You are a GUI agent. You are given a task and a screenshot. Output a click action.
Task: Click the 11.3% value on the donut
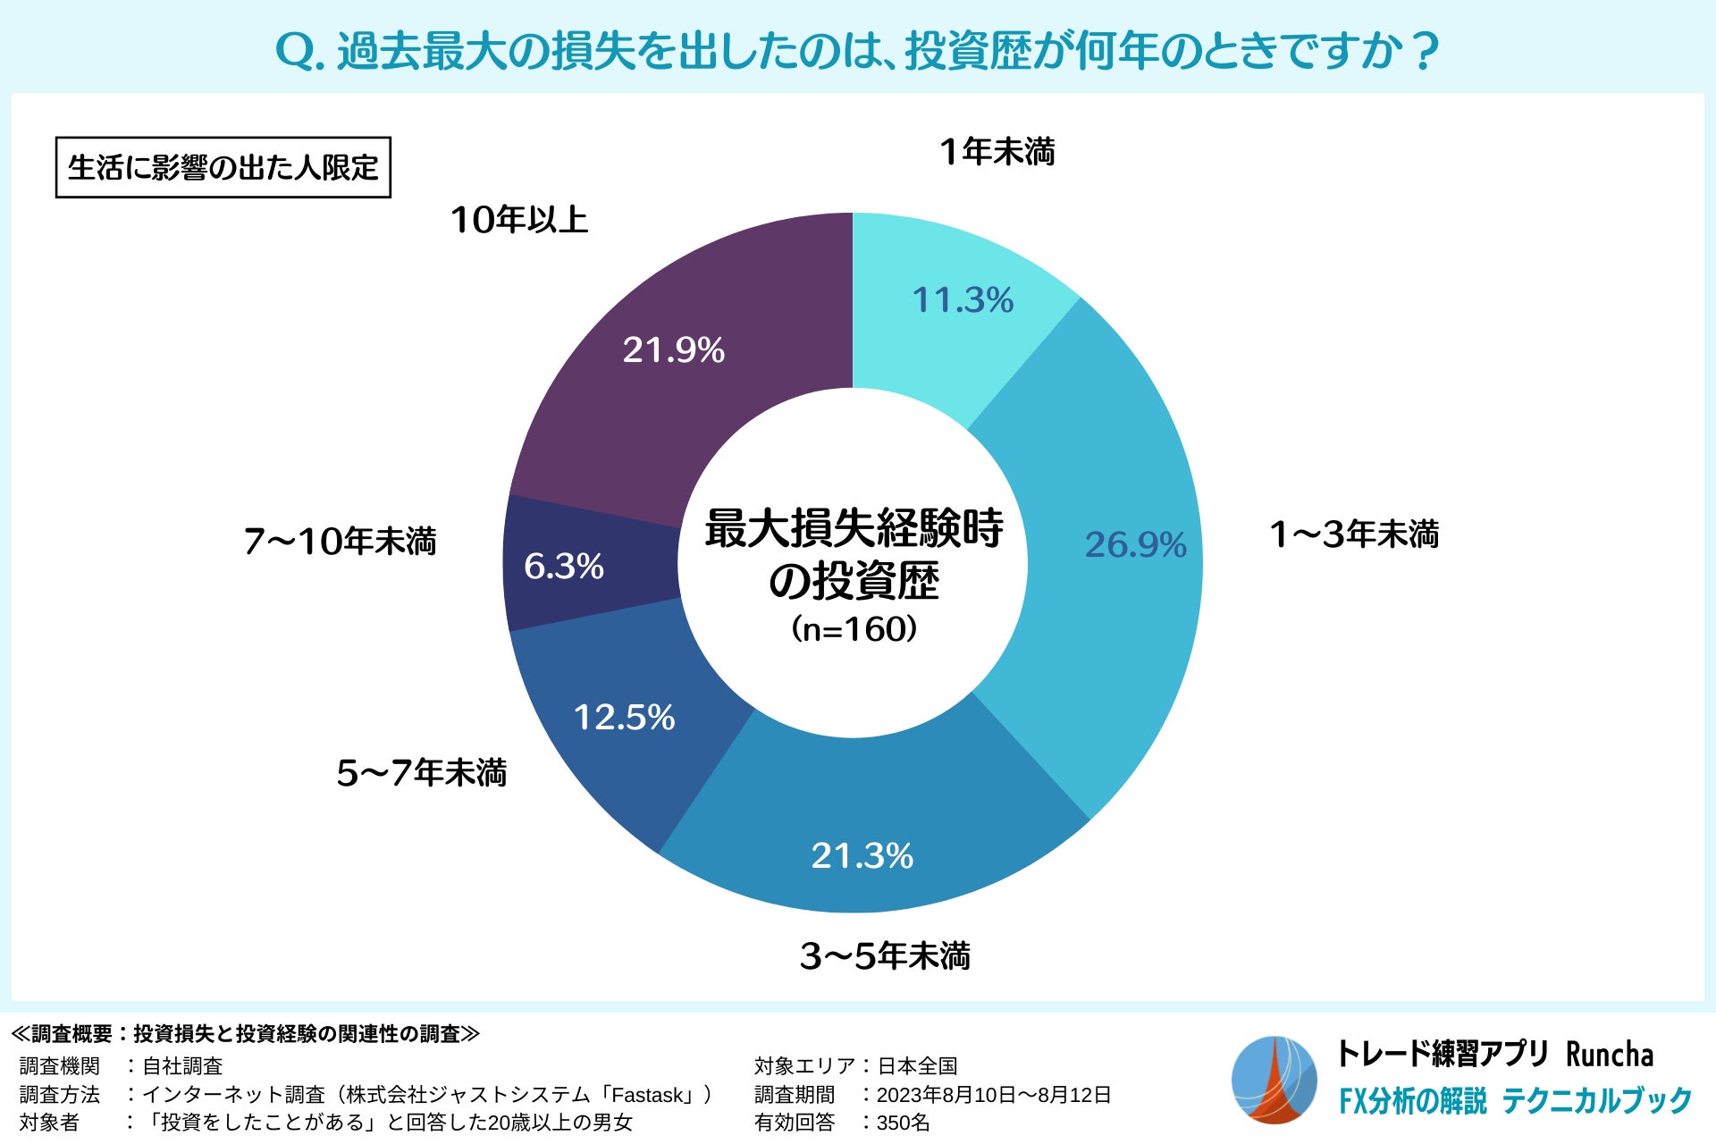pyautogui.click(x=963, y=300)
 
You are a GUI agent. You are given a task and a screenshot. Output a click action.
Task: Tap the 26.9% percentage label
pyautogui.click(x=1135, y=545)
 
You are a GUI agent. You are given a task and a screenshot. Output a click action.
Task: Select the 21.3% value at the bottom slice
pyautogui.click(x=862, y=856)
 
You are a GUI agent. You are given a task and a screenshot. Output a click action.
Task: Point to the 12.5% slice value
pyautogui.click(x=624, y=718)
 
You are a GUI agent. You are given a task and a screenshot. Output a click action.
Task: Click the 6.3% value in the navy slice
pyautogui.click(x=563, y=567)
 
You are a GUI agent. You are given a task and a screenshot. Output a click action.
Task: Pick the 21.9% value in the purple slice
pyautogui.click(x=673, y=350)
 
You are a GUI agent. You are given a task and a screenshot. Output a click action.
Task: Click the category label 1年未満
pyautogui.click(x=997, y=152)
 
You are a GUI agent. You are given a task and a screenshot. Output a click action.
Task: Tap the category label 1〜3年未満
pyautogui.click(x=1354, y=534)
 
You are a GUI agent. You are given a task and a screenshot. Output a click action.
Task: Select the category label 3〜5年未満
pyautogui.click(x=885, y=956)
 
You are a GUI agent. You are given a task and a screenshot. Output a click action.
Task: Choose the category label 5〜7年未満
pyautogui.click(x=421, y=773)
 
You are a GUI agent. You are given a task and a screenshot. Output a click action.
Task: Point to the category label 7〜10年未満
pyautogui.click(x=340, y=542)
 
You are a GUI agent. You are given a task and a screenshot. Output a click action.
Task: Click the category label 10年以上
pyautogui.click(x=519, y=220)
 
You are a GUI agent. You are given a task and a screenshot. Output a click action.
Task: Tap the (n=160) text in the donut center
pyautogui.click(x=854, y=629)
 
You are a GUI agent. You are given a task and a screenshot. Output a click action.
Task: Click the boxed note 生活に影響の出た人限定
pyautogui.click(x=223, y=167)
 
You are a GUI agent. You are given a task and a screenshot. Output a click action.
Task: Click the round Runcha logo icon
pyautogui.click(x=1274, y=1080)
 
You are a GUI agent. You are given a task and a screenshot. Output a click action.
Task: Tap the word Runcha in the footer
pyautogui.click(x=1609, y=1055)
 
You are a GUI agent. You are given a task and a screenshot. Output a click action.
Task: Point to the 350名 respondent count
pyautogui.click(x=903, y=1123)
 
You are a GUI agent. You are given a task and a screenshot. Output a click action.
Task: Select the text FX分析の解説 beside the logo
pyautogui.click(x=1412, y=1101)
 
